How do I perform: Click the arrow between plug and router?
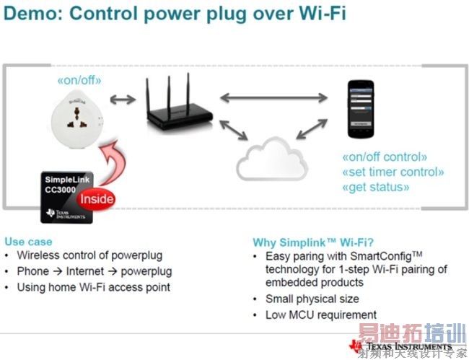point(123,98)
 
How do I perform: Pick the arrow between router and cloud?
point(231,130)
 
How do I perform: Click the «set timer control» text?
point(392,172)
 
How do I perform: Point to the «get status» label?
point(375,187)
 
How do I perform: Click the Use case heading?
point(28,242)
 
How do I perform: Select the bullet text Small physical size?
point(312,299)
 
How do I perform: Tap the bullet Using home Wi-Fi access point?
point(94,287)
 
